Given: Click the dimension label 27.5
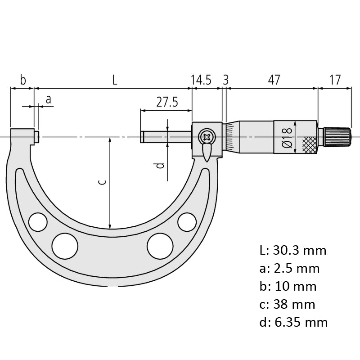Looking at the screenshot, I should point(167,102).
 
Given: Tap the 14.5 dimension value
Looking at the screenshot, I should point(201,80).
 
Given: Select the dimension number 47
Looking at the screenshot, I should point(274,80).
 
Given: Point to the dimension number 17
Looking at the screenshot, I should point(335,80).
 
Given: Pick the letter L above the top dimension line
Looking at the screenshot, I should point(115,80).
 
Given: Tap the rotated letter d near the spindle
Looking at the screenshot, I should point(159,165).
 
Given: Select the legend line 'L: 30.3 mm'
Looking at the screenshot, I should point(293,250).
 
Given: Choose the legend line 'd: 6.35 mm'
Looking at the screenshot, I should point(293,322).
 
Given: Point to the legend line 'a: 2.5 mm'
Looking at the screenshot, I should point(289,268).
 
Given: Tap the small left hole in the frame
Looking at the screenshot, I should point(38,221).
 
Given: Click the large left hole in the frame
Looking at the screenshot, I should point(64,245).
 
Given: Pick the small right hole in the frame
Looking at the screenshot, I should point(187,221).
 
